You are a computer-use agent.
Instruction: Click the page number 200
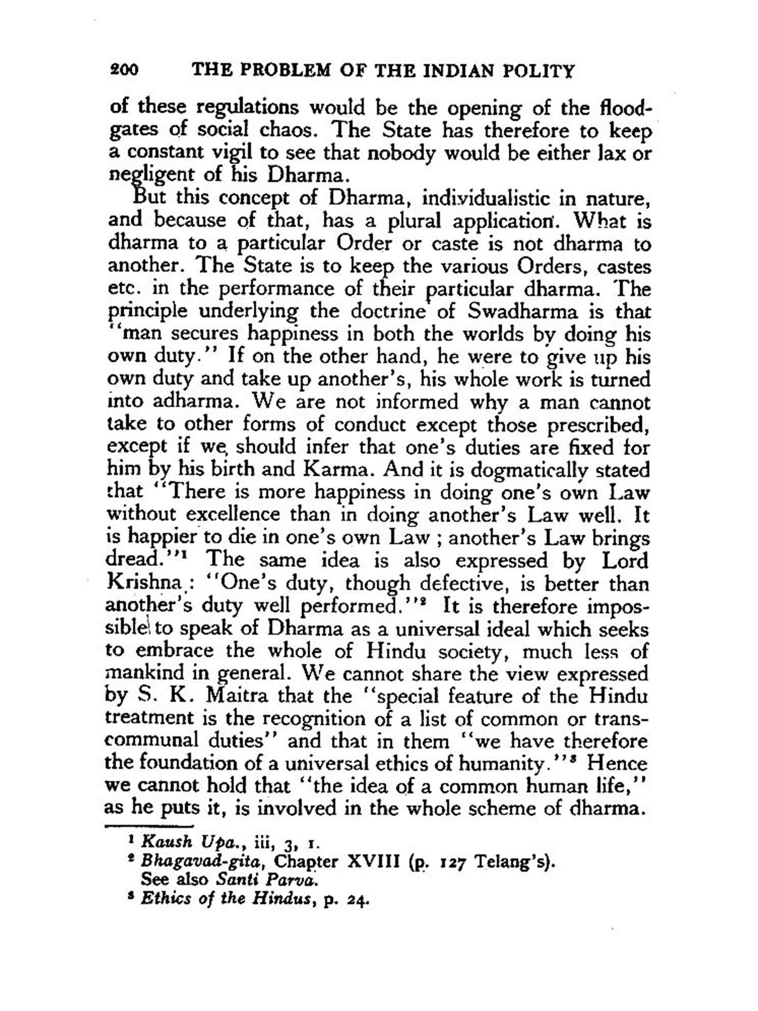pos(124,70)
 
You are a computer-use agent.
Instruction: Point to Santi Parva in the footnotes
pos(268,880)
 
